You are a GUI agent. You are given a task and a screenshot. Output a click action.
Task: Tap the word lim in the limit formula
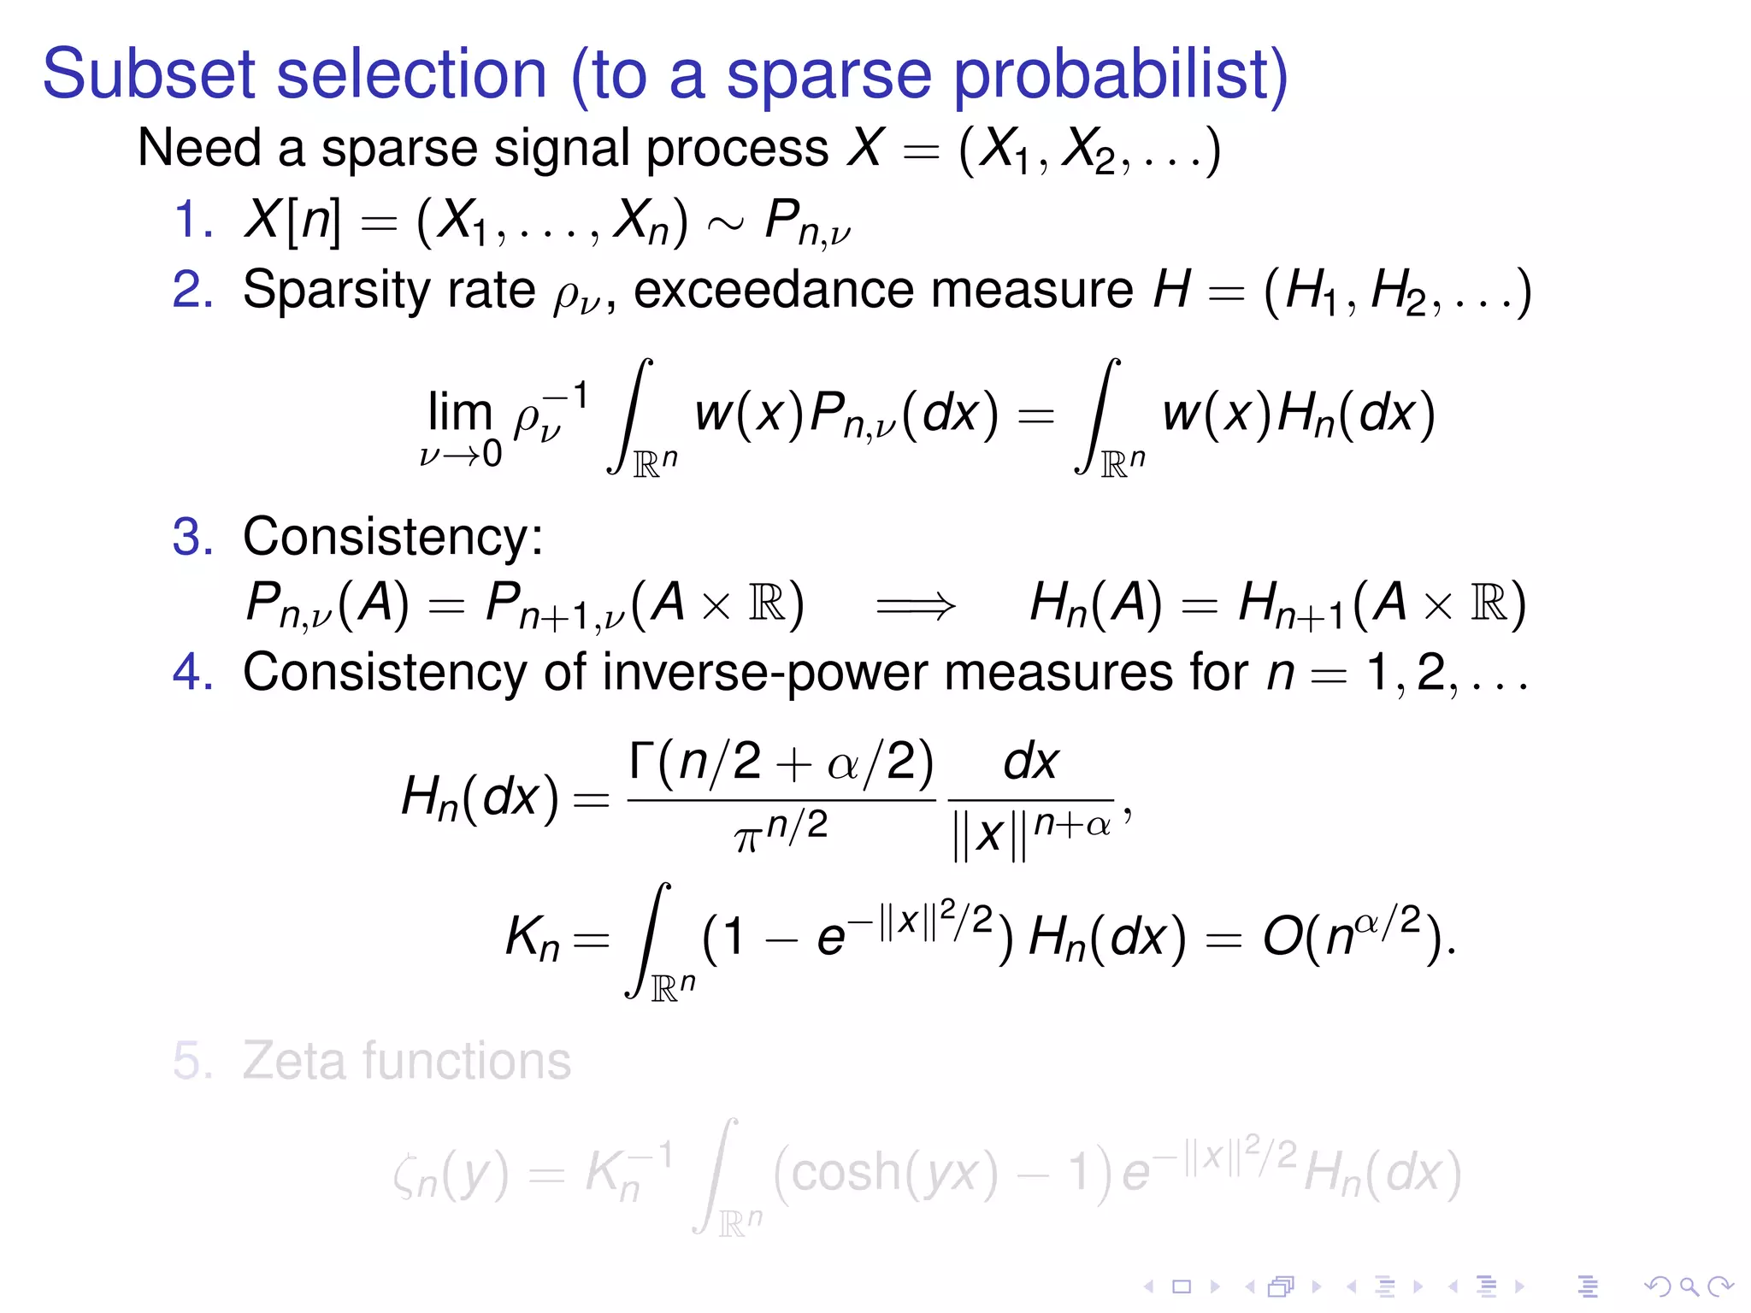click(459, 412)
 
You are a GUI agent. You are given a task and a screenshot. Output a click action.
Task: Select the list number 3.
click(192, 537)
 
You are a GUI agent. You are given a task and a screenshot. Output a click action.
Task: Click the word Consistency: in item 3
click(392, 537)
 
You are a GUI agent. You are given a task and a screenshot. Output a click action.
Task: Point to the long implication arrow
click(916, 606)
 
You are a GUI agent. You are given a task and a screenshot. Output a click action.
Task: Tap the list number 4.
click(192, 672)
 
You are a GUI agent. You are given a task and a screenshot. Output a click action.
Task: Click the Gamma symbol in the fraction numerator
click(642, 759)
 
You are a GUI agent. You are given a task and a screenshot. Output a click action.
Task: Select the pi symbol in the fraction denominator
click(746, 838)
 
